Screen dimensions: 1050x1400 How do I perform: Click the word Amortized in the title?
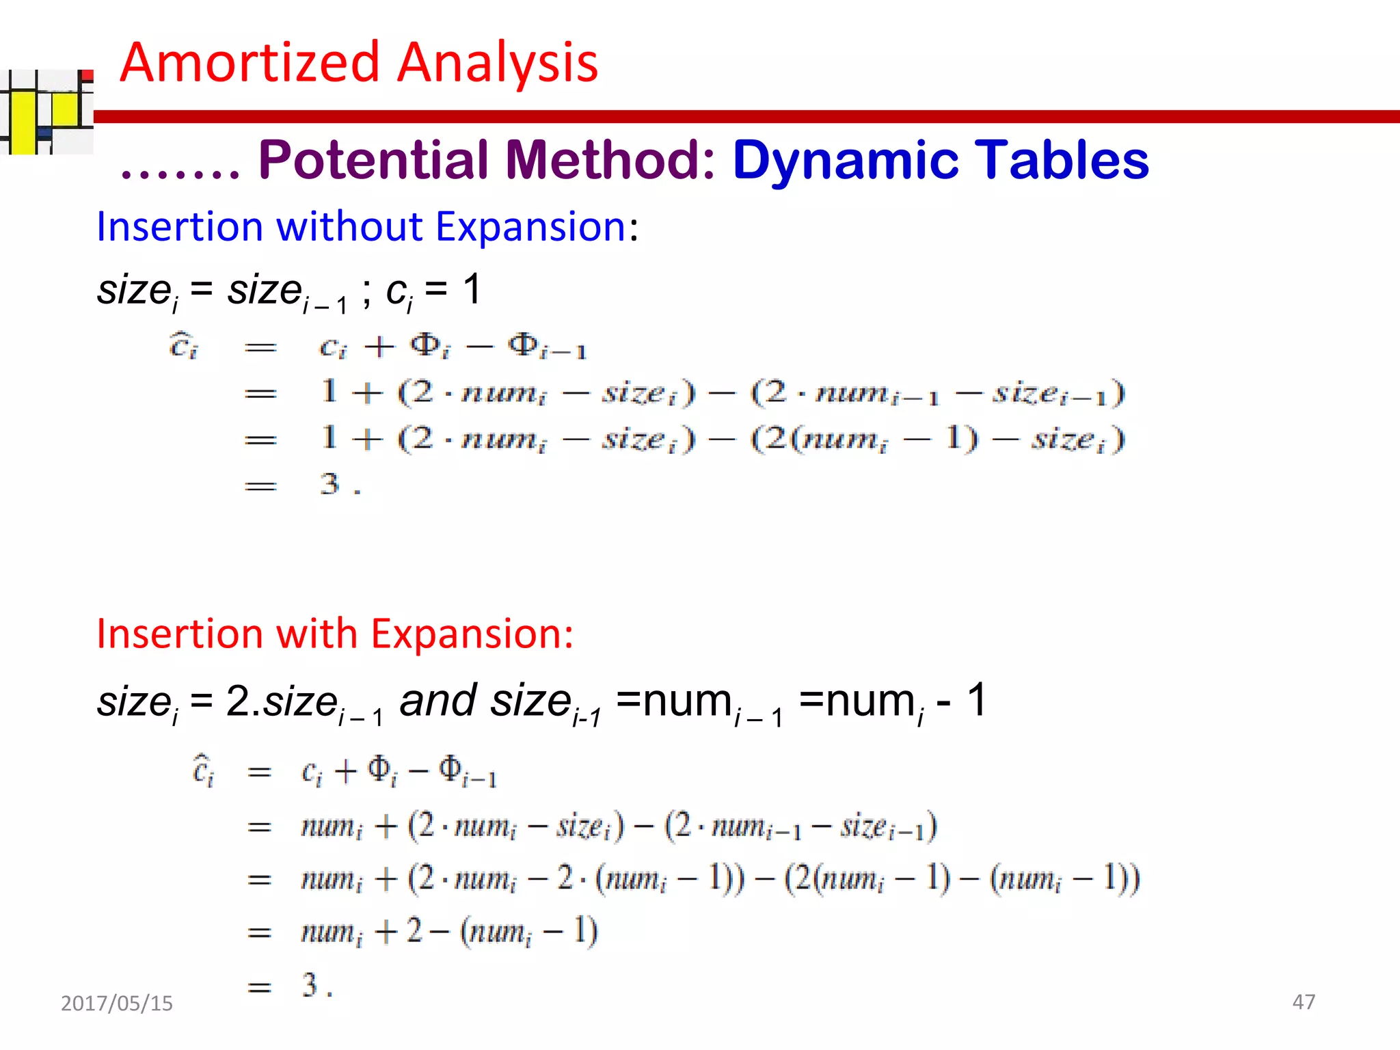click(250, 63)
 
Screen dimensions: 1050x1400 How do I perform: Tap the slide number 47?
click(1303, 1001)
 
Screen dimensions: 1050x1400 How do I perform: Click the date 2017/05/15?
click(117, 1003)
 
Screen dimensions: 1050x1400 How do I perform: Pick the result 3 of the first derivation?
click(329, 484)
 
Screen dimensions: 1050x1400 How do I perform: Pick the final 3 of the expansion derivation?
click(310, 985)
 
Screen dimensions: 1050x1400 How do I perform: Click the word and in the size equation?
click(438, 701)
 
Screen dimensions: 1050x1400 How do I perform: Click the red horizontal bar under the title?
click(745, 117)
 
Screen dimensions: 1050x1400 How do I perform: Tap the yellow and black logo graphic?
click(46, 112)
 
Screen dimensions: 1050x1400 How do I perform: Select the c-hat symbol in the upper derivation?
click(183, 346)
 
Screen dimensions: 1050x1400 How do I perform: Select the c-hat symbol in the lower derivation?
click(203, 771)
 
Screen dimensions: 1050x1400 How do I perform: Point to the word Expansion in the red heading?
click(472, 634)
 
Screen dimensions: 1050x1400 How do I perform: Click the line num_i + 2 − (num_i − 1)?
click(449, 931)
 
